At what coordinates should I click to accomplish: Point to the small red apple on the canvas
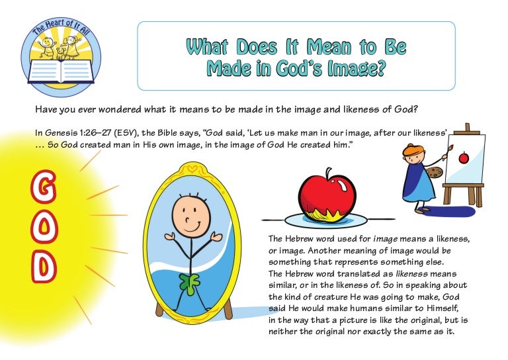[x=464, y=158]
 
